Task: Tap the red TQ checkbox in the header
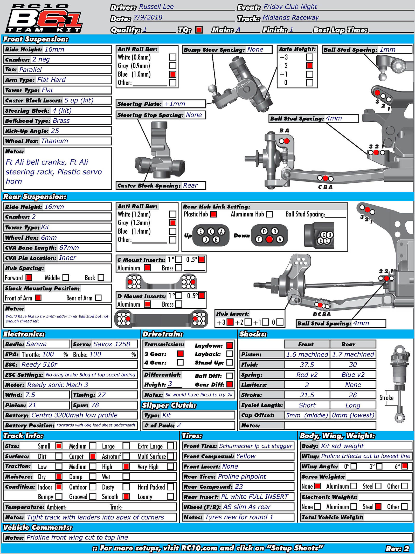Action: coord(199,30)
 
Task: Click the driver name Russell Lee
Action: coord(156,7)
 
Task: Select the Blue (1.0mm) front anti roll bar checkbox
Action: coord(172,74)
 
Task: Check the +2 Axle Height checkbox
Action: coord(309,65)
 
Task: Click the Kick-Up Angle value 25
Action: coord(55,131)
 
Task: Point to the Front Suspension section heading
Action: coord(36,39)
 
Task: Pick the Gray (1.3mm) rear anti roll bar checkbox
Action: coord(172,223)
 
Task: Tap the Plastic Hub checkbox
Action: coord(213,214)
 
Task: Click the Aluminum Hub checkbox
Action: coord(269,214)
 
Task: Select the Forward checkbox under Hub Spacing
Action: coord(29,278)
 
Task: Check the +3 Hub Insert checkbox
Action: coord(230,322)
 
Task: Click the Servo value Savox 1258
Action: coord(112,344)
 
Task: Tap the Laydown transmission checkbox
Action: coord(229,346)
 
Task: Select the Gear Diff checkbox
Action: coord(229,384)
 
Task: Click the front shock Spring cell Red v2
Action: coord(307,375)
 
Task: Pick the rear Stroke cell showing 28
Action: coord(353,395)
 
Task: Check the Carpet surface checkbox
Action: coord(93,456)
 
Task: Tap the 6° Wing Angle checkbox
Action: coord(404,466)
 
